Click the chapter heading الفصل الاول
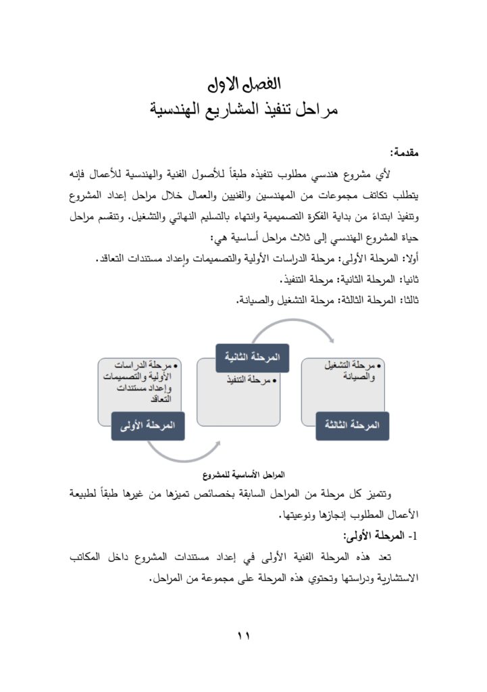coord(243,85)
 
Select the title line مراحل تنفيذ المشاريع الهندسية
coord(243,109)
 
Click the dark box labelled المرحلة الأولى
coord(147,426)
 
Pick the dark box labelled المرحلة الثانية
coord(252,357)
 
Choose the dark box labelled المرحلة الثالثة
coord(352,426)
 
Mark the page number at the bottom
coord(243,635)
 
